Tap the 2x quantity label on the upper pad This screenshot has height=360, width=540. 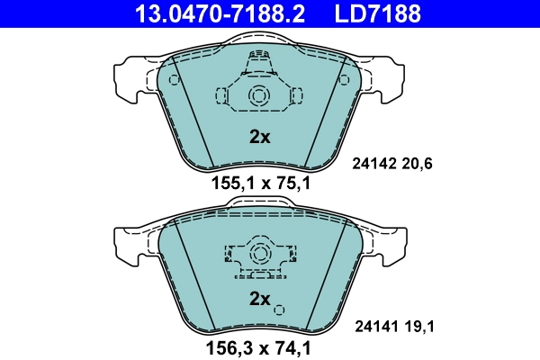pyautogui.click(x=259, y=138)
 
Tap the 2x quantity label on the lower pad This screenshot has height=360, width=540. pyautogui.click(x=259, y=298)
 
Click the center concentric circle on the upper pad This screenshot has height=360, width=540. pyautogui.click(x=259, y=96)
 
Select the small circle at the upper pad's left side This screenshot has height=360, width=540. pyautogui.click(x=175, y=79)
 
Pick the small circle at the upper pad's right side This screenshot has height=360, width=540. pyautogui.click(x=344, y=79)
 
